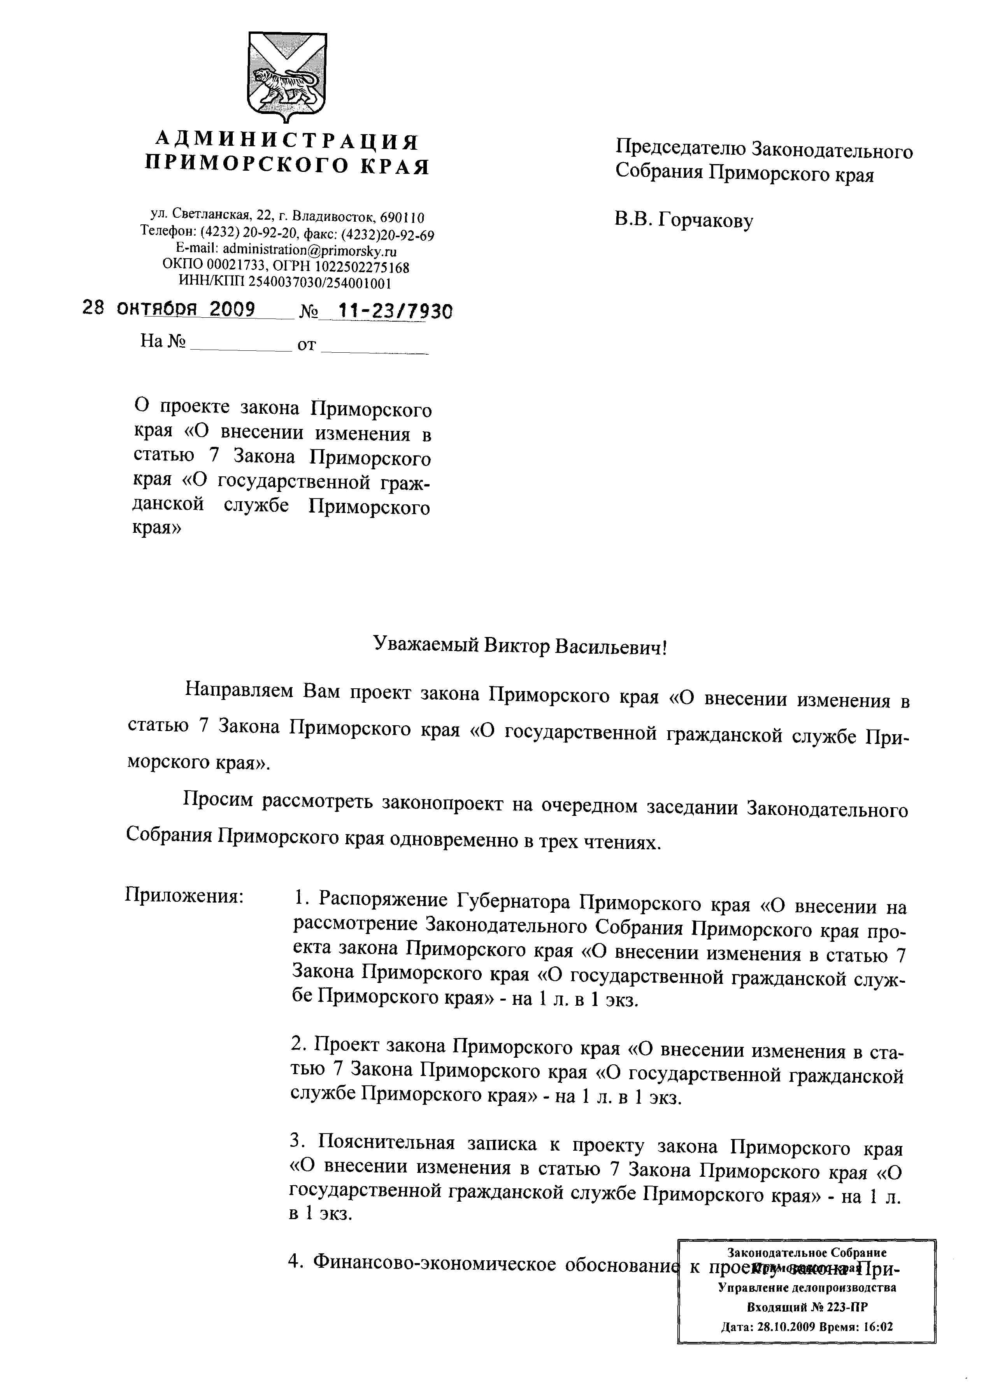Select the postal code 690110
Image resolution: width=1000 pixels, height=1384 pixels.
(402, 217)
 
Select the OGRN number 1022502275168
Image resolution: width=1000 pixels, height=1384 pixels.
(360, 267)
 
